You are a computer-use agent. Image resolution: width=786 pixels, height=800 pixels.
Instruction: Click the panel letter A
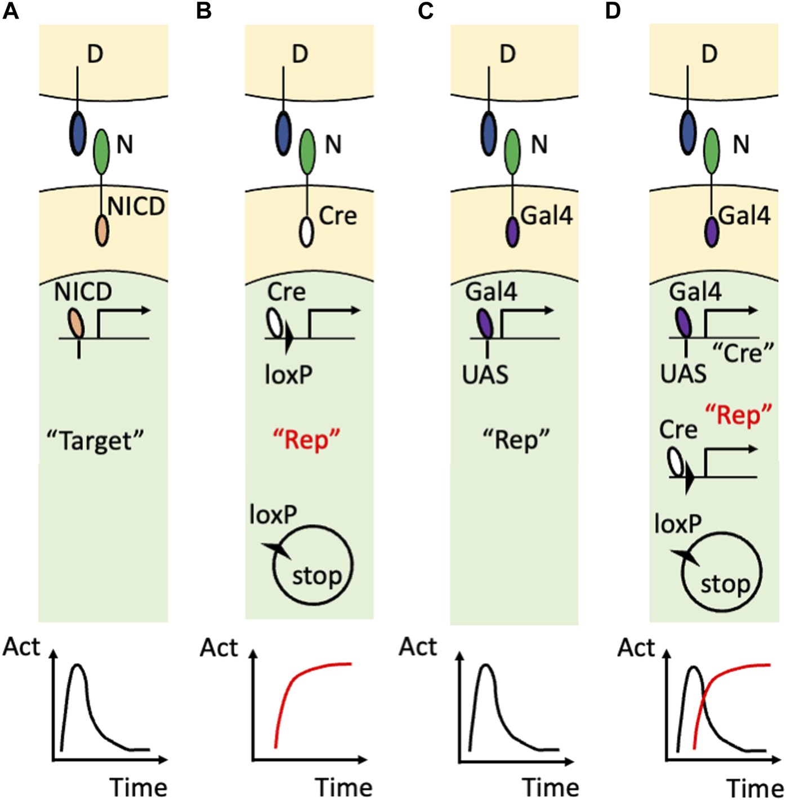tap(11, 11)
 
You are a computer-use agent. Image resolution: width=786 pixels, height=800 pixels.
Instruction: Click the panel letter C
tap(426, 11)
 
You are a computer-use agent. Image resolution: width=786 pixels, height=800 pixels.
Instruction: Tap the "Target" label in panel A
tap(95, 440)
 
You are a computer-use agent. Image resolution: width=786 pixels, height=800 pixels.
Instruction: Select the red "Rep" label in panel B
tap(307, 440)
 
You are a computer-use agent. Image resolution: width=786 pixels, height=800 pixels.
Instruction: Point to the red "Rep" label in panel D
tap(738, 415)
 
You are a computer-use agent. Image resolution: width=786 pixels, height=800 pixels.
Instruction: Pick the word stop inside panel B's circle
tap(317, 576)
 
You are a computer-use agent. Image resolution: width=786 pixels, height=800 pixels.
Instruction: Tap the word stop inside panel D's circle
tap(725, 584)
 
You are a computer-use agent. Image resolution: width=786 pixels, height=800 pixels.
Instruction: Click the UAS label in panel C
tap(485, 374)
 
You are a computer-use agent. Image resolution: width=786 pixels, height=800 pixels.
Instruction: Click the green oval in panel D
tap(711, 150)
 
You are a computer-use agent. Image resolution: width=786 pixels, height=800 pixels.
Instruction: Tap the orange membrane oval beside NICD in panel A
tap(101, 231)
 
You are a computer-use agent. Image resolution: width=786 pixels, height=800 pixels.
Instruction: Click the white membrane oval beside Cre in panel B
tap(306, 232)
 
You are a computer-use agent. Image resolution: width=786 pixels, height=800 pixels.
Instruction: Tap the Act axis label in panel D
tap(636, 648)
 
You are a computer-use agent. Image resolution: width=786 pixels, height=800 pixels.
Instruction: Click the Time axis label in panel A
tap(138, 786)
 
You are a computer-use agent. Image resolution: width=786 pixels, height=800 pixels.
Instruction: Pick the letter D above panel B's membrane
tap(300, 54)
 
